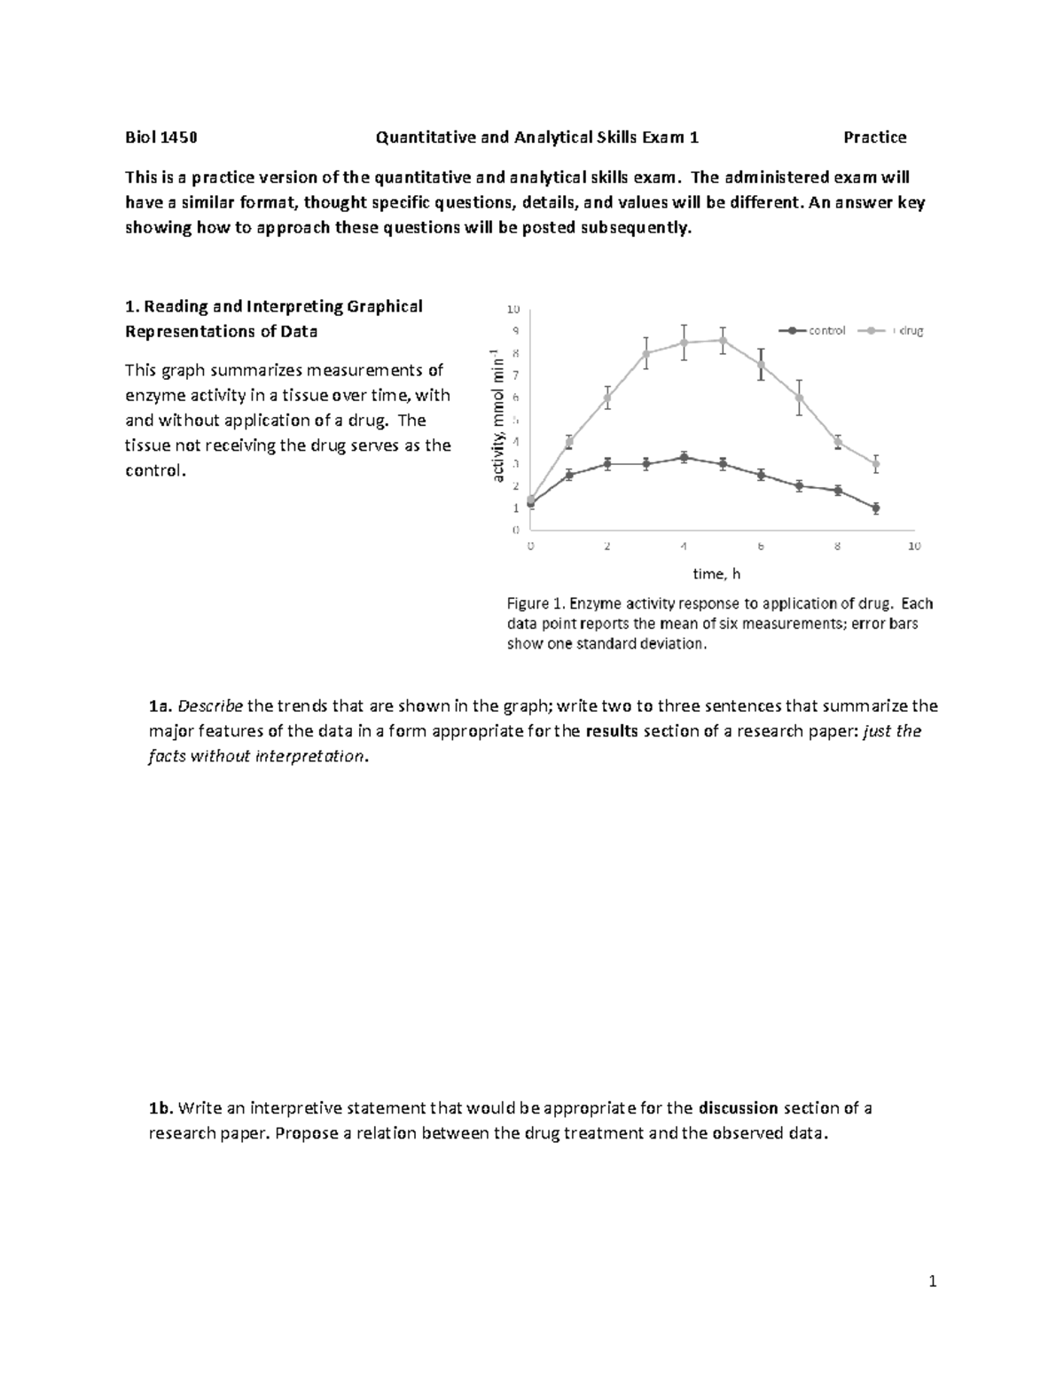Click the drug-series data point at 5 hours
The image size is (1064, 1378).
pos(723,340)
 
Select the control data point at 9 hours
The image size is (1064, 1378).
pos(876,508)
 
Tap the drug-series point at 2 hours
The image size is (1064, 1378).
pos(607,398)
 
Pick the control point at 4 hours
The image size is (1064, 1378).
pos(684,458)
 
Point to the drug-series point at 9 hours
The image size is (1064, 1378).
pos(876,464)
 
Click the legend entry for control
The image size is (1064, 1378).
pos(813,331)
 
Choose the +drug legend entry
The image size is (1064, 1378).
pos(896,331)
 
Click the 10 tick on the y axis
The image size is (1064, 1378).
pos(513,310)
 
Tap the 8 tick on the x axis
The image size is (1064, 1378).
pos(838,547)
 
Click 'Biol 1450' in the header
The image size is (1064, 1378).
pos(160,138)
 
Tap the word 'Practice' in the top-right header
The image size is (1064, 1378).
pos(874,138)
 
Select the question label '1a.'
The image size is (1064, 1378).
pos(160,707)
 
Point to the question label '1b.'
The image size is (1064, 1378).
pos(160,1108)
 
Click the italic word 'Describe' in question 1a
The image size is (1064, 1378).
pos(210,707)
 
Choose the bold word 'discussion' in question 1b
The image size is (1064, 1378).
pos(738,1108)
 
